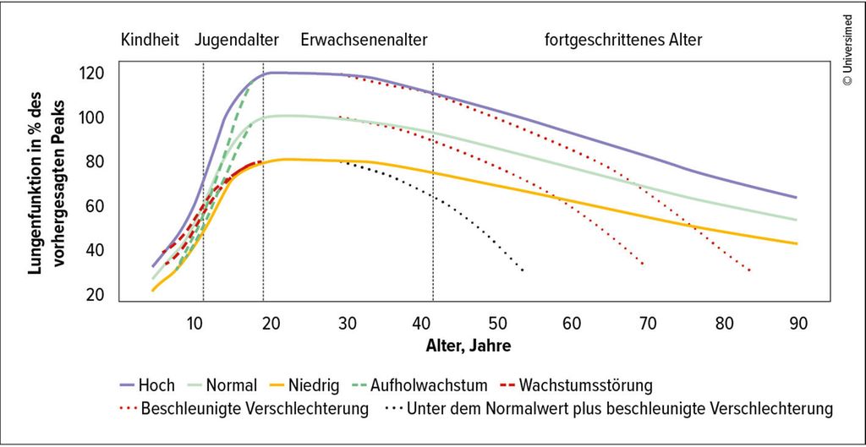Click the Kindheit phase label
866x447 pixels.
click(x=150, y=40)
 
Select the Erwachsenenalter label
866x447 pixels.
click(x=364, y=40)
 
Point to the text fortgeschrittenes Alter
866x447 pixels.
click(x=623, y=40)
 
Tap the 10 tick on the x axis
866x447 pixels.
click(x=195, y=324)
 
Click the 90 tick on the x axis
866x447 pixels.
click(x=797, y=324)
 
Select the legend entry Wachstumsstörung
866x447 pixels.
click(x=584, y=386)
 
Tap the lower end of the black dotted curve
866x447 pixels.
click(x=523, y=270)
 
